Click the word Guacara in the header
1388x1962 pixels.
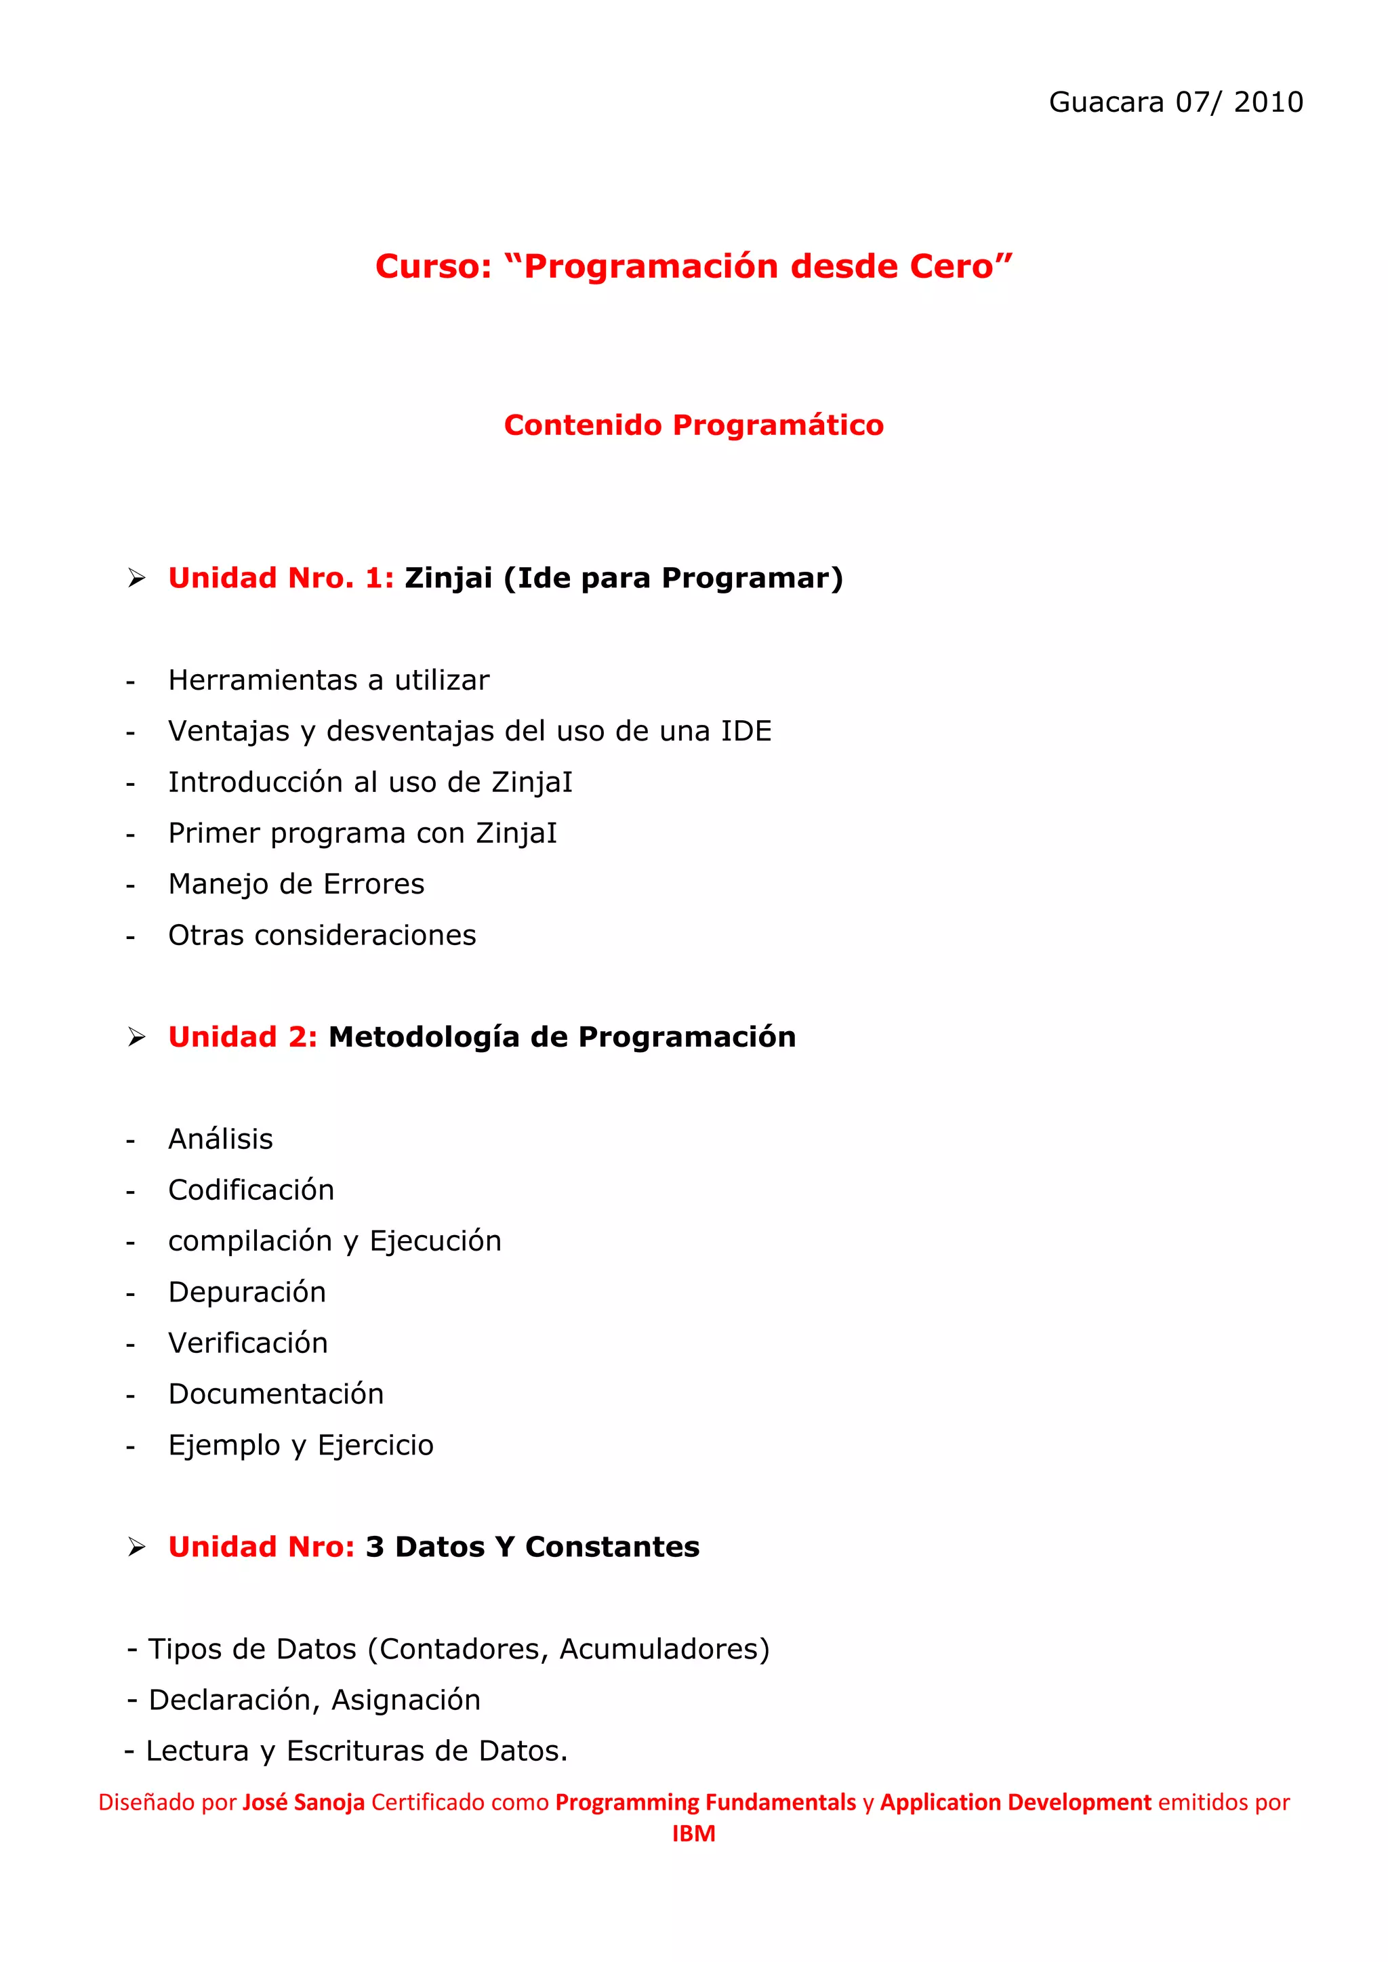[1106, 102]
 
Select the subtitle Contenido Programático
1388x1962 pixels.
[693, 425]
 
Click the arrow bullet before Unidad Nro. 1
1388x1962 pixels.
[137, 579]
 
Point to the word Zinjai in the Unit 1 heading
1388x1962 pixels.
[448, 579]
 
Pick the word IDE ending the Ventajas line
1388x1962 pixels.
[746, 732]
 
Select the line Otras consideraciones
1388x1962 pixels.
[321, 936]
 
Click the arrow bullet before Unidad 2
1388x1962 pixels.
[137, 1037]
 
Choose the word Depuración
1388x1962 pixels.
[247, 1292]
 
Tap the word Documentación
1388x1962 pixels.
[276, 1394]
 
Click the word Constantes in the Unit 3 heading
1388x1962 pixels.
[612, 1547]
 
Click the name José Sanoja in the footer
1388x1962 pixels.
[304, 1802]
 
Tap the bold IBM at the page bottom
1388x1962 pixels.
[693, 1834]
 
